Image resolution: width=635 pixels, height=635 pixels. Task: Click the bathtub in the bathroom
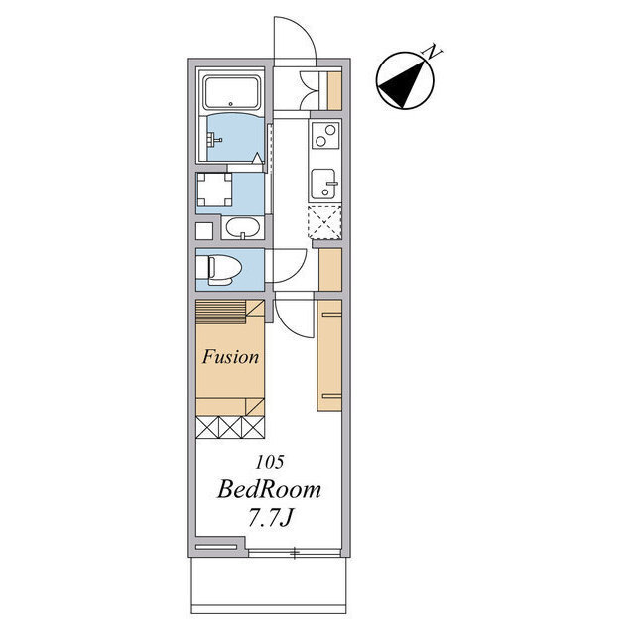231,92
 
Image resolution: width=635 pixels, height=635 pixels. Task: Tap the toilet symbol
218,269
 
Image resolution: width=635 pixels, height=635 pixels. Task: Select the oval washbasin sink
242,227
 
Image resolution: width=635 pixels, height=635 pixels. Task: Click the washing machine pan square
214,190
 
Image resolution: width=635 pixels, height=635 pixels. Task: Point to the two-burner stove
325,135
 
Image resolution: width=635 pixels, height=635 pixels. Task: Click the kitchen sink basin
323,184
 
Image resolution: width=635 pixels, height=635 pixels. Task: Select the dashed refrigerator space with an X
324,222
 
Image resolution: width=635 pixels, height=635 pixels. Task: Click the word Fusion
230,357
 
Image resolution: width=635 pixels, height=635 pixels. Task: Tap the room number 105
269,463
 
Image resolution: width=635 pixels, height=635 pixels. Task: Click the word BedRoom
269,489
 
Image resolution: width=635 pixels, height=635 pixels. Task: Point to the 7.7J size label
270,517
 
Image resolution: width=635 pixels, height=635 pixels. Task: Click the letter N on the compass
433,51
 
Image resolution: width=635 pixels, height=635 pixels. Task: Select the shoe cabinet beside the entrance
334,90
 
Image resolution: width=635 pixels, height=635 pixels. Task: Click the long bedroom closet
329,355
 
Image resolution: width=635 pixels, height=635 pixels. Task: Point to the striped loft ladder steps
220,312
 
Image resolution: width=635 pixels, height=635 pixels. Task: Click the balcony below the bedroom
269,586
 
